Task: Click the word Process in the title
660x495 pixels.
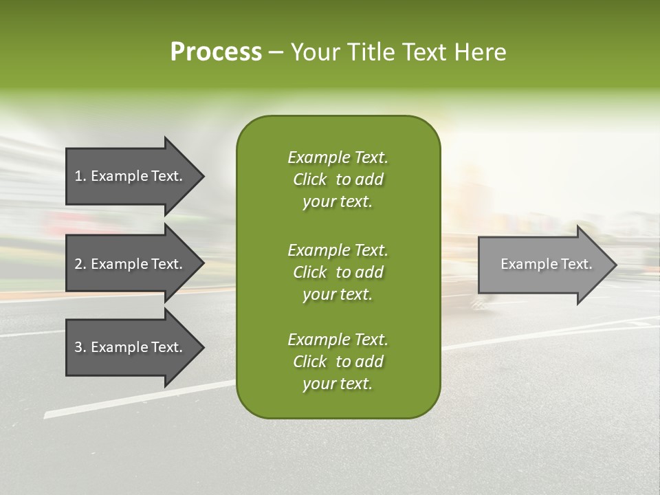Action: pyautogui.click(x=216, y=52)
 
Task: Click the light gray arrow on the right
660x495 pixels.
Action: pyautogui.click(x=543, y=265)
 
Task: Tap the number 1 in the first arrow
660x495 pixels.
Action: pyautogui.click(x=78, y=176)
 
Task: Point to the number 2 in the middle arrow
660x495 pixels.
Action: pyautogui.click(x=78, y=264)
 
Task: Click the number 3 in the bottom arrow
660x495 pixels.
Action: pyautogui.click(x=78, y=347)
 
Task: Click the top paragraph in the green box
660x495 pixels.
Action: pyautogui.click(x=338, y=179)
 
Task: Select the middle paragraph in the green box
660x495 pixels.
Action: pyautogui.click(x=338, y=272)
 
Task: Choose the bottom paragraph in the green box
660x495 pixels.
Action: pyautogui.click(x=338, y=362)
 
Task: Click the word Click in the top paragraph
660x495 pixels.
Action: pyautogui.click(x=310, y=179)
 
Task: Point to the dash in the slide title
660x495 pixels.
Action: pyautogui.click(x=276, y=52)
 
